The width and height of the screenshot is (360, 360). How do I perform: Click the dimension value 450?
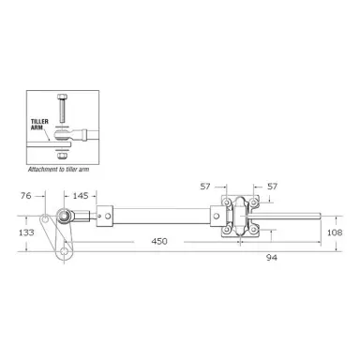pos(159,241)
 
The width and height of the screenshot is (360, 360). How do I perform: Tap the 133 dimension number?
pos(26,232)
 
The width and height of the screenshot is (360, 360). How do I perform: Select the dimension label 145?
pos(81,196)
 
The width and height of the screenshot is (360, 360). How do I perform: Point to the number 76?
pos(26,196)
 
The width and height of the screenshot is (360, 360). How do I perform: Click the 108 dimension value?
pos(335,232)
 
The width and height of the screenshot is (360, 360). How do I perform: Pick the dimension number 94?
pos(272,258)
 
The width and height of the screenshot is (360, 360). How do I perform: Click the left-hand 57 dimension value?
pos(205,187)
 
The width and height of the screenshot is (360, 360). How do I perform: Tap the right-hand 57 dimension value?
pos(272,187)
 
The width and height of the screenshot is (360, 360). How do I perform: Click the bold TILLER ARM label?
pos(39,125)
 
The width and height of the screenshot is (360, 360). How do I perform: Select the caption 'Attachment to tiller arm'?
pos(58,170)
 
